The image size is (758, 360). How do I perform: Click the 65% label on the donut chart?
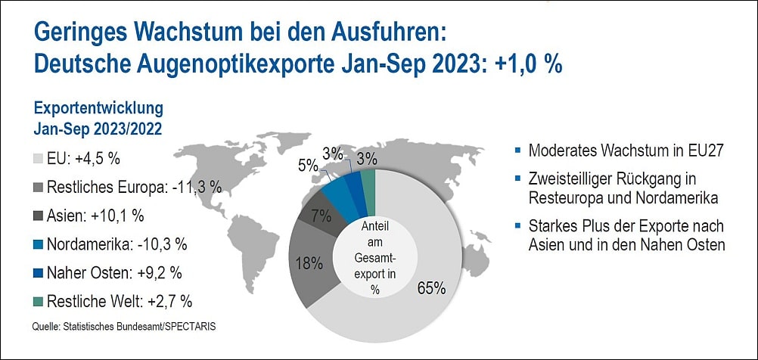coord(430,289)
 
